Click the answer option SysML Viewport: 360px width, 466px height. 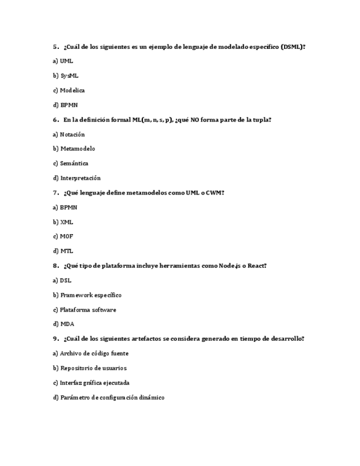[x=69, y=76]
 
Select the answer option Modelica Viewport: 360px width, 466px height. [x=72, y=91]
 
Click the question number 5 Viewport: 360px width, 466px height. [x=56, y=47]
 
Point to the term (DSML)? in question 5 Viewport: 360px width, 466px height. [x=292, y=47]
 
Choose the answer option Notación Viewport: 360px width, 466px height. [x=72, y=135]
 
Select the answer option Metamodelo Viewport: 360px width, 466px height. [x=77, y=149]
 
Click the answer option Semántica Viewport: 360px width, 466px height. [x=74, y=164]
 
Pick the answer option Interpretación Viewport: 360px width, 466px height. [x=80, y=178]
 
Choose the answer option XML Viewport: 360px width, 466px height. [x=67, y=222]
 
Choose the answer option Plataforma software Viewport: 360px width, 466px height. [x=88, y=310]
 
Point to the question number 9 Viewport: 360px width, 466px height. [x=56, y=339]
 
